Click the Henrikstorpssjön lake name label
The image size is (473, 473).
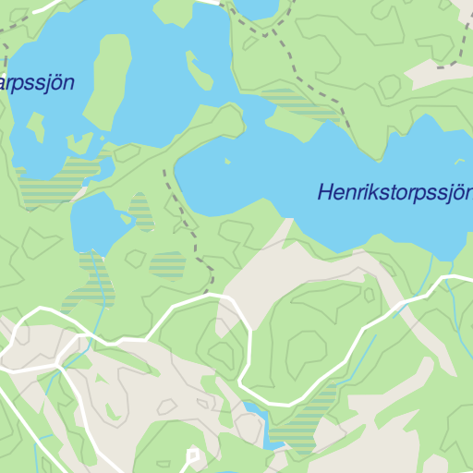394,193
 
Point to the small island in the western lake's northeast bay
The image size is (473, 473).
198,69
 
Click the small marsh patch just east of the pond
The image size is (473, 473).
140,212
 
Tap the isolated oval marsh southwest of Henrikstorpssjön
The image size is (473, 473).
167,265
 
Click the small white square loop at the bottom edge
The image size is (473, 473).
193,455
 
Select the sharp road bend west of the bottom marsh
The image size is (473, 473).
242,381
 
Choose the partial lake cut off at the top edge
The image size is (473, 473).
257,8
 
